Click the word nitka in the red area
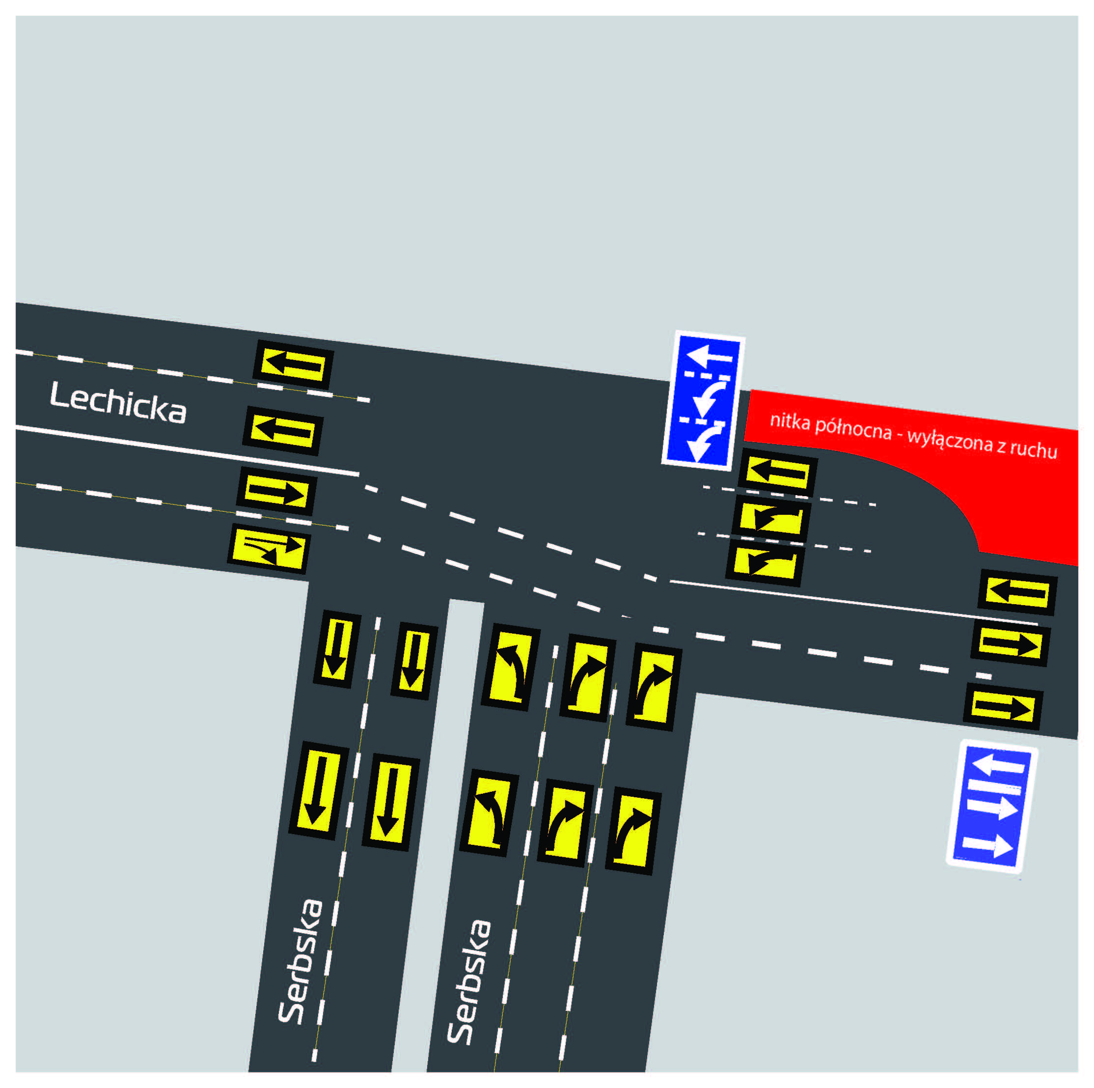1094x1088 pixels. [x=790, y=421]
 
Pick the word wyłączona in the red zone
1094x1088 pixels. [x=950, y=441]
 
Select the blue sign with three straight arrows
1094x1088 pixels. [x=991, y=808]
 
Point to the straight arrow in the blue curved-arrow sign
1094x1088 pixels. [x=709, y=356]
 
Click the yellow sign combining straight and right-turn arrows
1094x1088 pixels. [x=269, y=548]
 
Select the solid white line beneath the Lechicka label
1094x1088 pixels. [x=187, y=450]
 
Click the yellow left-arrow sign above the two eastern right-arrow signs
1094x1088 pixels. [x=1017, y=592]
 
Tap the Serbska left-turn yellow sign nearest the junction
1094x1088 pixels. [x=510, y=667]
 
